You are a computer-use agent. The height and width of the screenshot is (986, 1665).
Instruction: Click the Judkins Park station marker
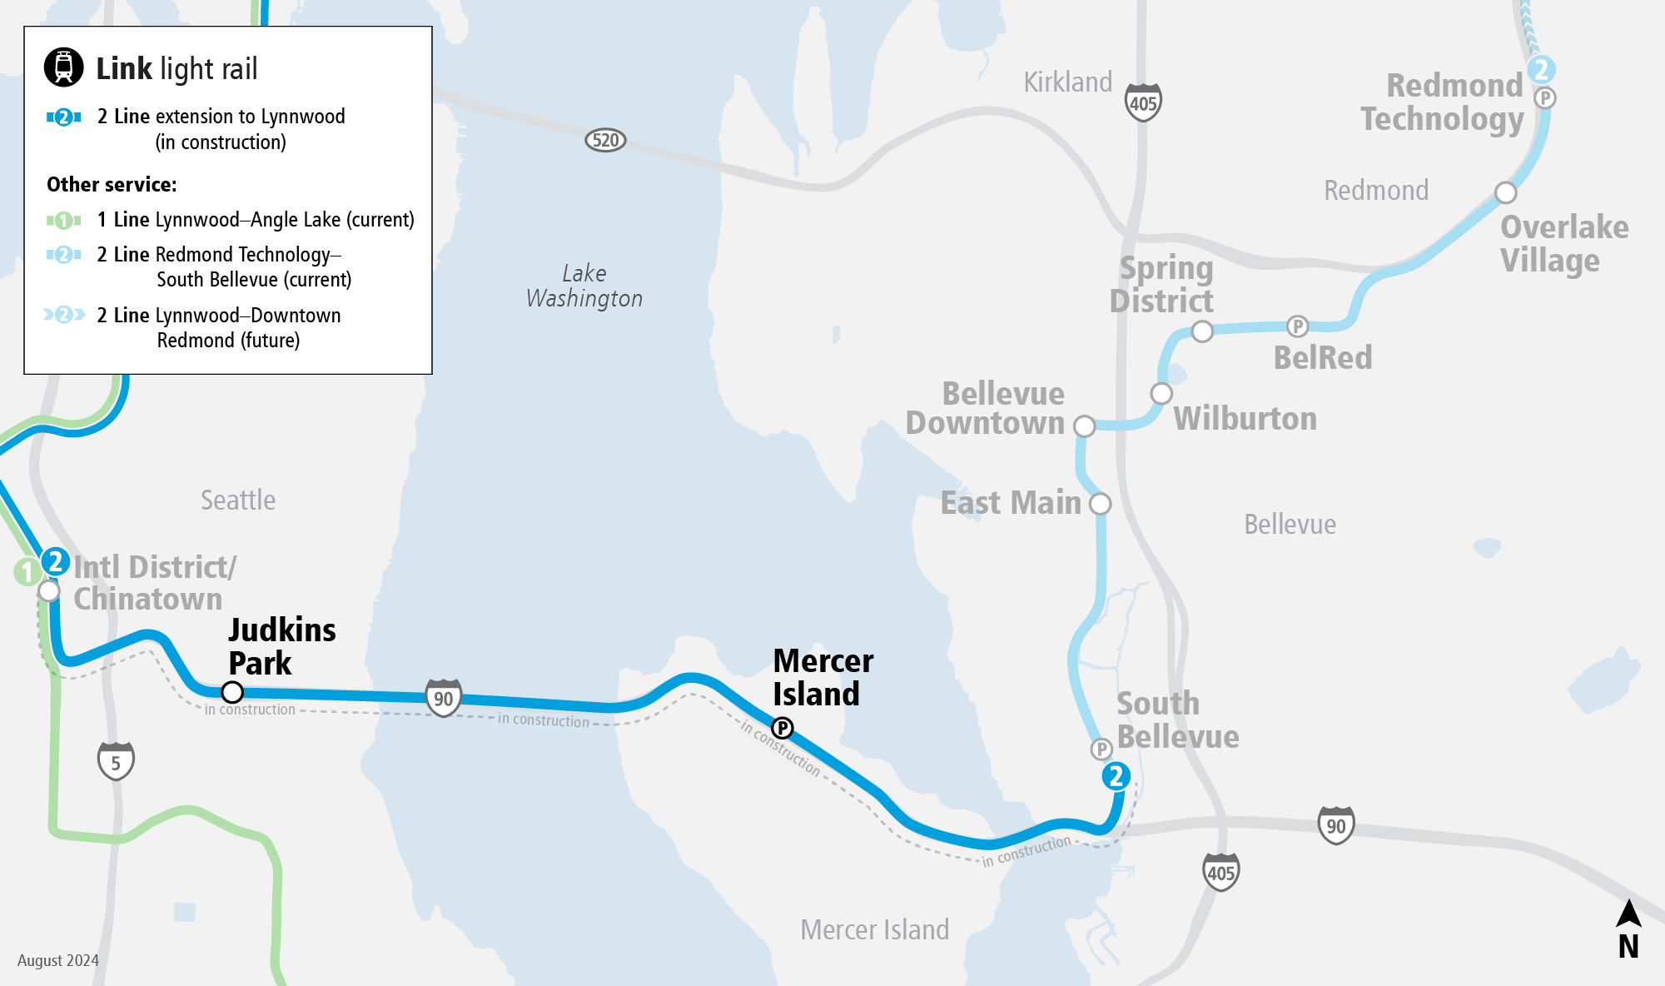tap(232, 692)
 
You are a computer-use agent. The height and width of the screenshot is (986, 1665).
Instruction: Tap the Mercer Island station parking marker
tap(783, 728)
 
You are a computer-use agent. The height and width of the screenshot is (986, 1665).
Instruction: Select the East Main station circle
tap(1101, 504)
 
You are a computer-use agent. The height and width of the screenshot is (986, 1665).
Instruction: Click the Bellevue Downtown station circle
tap(1084, 426)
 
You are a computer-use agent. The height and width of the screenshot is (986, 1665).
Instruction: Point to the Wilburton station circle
tap(1161, 393)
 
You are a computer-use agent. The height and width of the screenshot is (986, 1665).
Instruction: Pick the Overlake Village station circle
tap(1505, 193)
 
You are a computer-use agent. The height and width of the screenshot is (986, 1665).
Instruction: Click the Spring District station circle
tap(1202, 331)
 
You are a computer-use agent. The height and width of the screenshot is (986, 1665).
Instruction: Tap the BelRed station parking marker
tap(1297, 326)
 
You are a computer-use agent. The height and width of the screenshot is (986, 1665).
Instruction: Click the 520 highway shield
tap(605, 140)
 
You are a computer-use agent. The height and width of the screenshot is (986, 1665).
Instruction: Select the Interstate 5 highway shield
tap(116, 761)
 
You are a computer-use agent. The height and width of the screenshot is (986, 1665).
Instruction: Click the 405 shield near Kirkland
tap(1143, 102)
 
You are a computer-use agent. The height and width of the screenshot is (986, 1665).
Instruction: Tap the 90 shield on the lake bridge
tap(444, 698)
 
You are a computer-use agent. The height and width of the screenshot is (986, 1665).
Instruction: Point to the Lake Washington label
tap(584, 286)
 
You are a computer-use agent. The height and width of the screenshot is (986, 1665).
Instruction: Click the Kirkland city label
tap(1067, 82)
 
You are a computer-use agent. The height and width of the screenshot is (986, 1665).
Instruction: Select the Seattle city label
tap(238, 500)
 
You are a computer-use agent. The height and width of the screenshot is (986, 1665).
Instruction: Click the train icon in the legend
tap(64, 67)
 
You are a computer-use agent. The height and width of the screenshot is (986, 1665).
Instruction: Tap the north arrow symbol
tap(1628, 929)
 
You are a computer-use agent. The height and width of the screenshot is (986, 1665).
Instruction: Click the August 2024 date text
tap(58, 960)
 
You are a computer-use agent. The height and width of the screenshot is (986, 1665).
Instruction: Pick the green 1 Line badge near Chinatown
tap(27, 572)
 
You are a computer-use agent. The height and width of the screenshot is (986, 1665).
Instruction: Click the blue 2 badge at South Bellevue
tap(1116, 776)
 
